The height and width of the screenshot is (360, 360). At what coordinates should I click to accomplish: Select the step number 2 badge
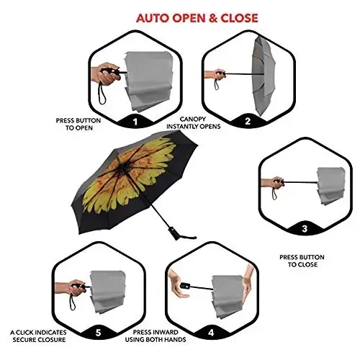[x=248, y=121]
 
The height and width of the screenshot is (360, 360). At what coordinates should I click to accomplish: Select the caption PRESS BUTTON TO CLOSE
[x=302, y=261]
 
